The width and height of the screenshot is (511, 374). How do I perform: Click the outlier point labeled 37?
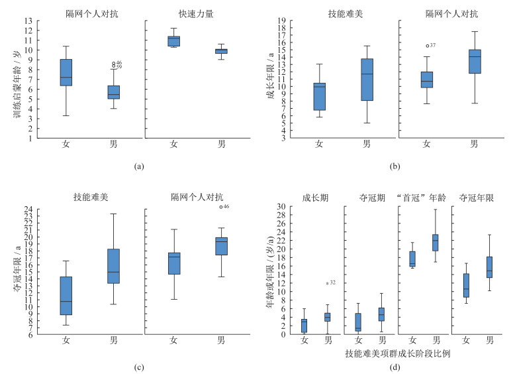[427, 46]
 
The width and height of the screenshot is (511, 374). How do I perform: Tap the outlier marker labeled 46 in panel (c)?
[220, 207]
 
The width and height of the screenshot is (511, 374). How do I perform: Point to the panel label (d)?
[395, 366]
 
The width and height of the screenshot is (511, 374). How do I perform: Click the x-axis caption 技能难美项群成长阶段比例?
[397, 353]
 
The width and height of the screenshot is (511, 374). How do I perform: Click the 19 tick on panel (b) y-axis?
[282, 21]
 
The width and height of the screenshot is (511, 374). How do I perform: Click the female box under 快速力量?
[173, 41]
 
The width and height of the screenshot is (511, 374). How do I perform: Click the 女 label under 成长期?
[304, 340]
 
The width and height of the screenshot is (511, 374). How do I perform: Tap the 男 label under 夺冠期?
[381, 340]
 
